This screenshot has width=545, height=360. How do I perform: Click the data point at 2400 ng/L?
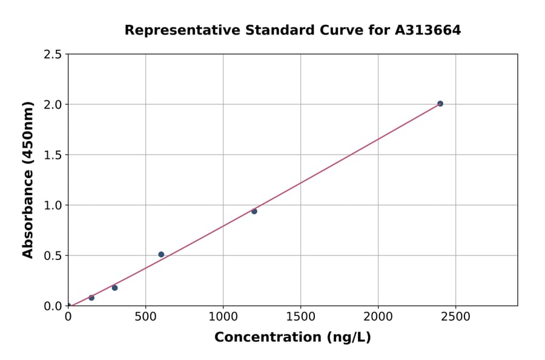click(x=440, y=104)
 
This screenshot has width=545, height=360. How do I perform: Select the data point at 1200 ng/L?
click(x=254, y=212)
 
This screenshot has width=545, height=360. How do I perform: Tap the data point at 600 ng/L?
click(x=161, y=255)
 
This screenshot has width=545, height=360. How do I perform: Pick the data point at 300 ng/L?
click(x=114, y=288)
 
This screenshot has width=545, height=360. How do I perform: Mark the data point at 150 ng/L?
click(x=91, y=298)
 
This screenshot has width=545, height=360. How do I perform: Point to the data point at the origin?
click(x=68, y=305)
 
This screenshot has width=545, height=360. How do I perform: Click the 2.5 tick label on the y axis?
click(x=53, y=55)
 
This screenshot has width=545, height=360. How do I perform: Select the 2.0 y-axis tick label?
click(x=53, y=105)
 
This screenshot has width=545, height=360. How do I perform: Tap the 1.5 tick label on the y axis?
click(x=53, y=155)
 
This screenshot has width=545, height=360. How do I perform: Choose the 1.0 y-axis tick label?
click(x=53, y=205)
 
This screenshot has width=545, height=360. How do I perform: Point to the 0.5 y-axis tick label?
click(x=53, y=256)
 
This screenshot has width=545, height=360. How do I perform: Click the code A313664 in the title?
click(x=428, y=30)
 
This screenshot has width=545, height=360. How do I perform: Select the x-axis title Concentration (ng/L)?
click(x=292, y=338)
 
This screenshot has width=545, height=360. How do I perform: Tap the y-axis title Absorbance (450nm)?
click(x=28, y=179)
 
